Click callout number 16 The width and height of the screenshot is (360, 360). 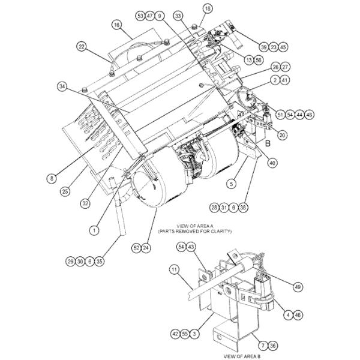[x=116, y=25]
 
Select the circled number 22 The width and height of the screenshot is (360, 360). [x=82, y=46]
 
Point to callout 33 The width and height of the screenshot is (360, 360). [x=178, y=15]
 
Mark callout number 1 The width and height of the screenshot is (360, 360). [x=94, y=229]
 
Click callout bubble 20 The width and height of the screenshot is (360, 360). [x=282, y=135]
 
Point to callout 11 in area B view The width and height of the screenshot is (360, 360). [x=174, y=271]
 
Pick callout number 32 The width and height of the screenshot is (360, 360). [x=87, y=203]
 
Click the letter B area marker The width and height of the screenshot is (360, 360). [x=268, y=144]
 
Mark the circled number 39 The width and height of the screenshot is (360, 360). [x=263, y=47]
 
